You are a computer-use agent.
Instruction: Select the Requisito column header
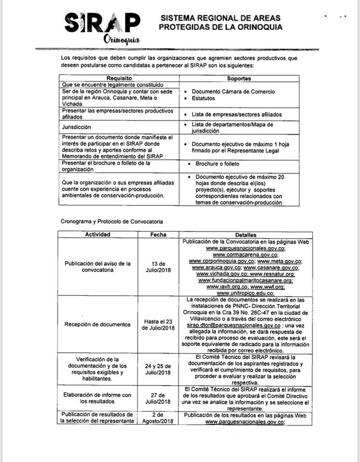pyautogui.click(x=119, y=78)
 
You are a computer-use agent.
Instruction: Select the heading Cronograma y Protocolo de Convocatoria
pyautogui.click(x=112, y=221)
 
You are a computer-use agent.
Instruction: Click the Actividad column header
pyautogui.click(x=98, y=235)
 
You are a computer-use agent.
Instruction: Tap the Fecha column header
pyautogui.click(x=158, y=235)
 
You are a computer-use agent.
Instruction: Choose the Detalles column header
pyautogui.click(x=246, y=235)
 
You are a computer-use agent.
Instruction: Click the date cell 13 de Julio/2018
pyautogui.click(x=158, y=267)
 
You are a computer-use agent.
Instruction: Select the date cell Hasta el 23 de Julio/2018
pyautogui.click(x=158, y=324)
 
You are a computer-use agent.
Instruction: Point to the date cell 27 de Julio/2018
pyautogui.click(x=158, y=398)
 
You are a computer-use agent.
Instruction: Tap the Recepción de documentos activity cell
pyautogui.click(x=98, y=324)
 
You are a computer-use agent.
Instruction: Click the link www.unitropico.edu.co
pyautogui.click(x=245, y=293)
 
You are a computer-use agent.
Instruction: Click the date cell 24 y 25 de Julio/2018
pyautogui.click(x=158, y=369)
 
